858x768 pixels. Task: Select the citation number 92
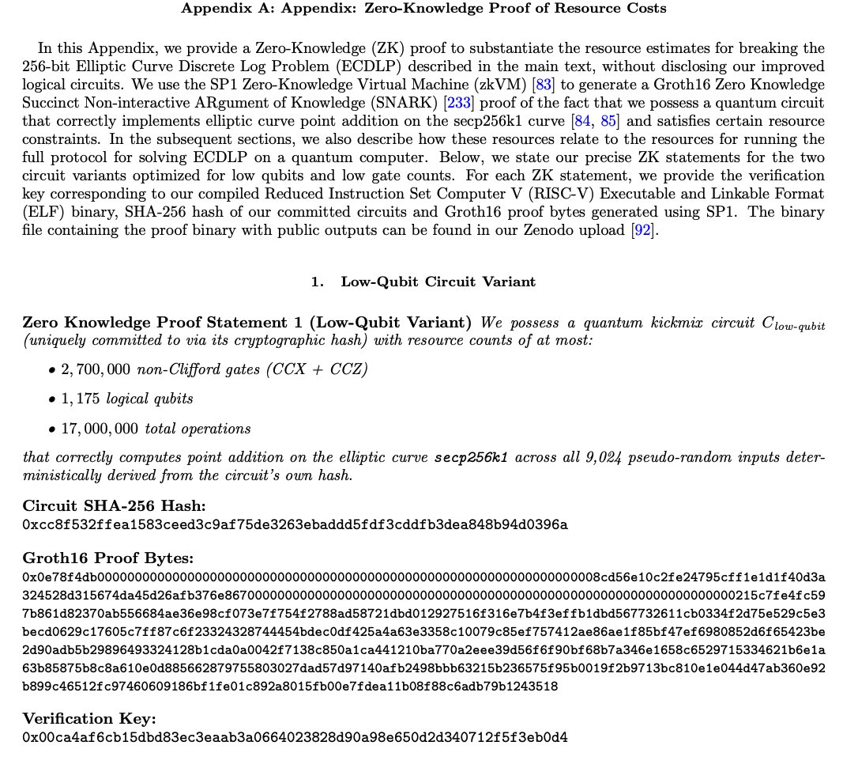[x=642, y=231]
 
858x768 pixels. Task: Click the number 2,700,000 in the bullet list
[x=96, y=369]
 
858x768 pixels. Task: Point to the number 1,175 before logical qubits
[x=79, y=399]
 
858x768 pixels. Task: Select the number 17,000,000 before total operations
[x=100, y=429]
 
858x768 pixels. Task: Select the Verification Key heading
[x=89, y=719]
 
